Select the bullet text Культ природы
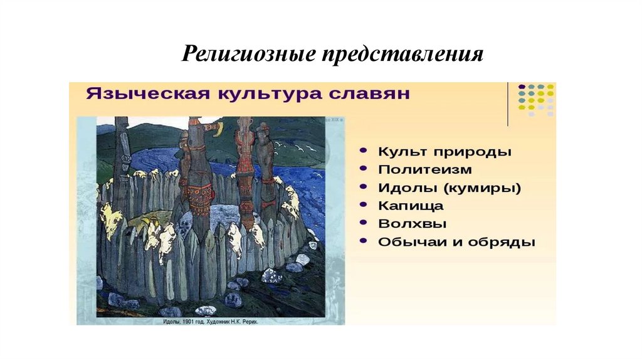[445, 152]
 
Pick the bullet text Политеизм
[425, 169]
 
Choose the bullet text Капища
[411, 206]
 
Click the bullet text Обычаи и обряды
[456, 242]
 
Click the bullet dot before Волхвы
[364, 225]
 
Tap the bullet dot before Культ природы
[364, 152]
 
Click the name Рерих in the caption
[248, 321]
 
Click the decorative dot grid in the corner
[536, 100]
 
